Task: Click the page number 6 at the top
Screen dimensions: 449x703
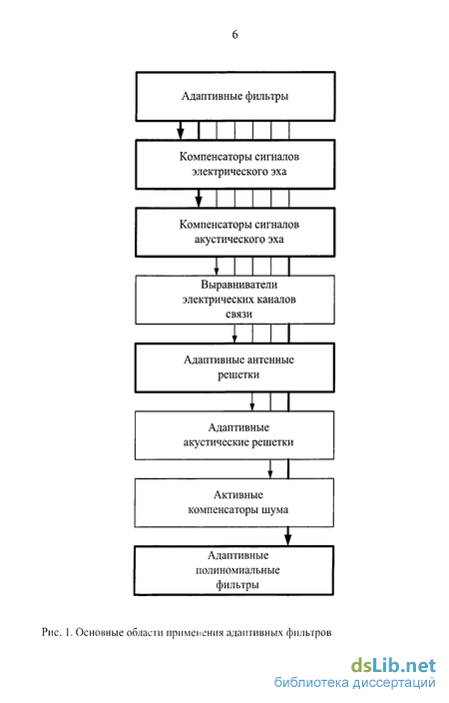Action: [234, 35]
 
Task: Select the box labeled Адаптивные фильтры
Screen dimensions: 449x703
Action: [235, 97]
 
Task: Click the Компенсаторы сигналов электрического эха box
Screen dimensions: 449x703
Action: [235, 164]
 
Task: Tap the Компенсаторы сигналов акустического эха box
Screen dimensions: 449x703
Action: [235, 233]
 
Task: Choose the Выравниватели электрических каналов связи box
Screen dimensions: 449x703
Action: [234, 300]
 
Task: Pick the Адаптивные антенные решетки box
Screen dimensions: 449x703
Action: [234, 367]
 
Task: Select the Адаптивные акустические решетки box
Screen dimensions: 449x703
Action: [234, 435]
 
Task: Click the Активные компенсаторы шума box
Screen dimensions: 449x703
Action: [233, 502]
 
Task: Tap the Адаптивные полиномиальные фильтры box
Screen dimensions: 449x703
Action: [233, 570]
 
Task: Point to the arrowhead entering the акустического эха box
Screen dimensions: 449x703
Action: [199, 202]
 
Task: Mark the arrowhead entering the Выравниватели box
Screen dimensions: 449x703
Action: [217, 271]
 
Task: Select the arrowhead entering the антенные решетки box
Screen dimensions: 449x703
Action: [234, 339]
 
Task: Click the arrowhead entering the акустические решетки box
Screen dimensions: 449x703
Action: [252, 406]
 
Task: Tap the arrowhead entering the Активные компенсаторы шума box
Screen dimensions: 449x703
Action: [270, 474]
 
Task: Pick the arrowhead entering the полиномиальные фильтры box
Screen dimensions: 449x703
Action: [288, 539]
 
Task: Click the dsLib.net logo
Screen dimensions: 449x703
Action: [393, 665]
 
